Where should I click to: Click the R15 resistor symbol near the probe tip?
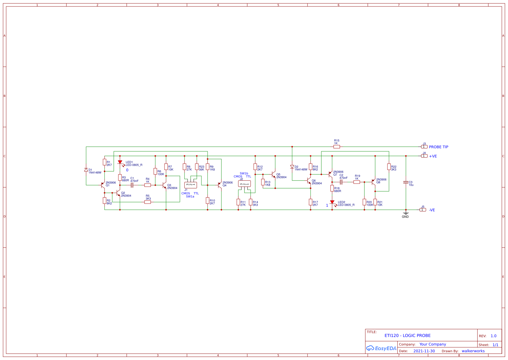[337, 147]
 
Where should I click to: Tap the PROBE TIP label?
[439, 147]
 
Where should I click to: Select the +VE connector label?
[433, 156]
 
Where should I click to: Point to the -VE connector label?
[432, 210]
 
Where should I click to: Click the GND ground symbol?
[406, 213]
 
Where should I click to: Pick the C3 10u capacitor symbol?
[406, 182]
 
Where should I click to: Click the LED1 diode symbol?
[120, 162]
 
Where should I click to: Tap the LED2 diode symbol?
[332, 202]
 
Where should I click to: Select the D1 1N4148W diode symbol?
[86, 170]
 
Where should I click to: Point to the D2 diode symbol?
[292, 167]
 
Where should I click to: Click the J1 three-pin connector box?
[191, 185]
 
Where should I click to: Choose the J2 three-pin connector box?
[244, 184]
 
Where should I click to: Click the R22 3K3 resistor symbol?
[389, 167]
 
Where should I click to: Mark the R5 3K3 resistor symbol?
[148, 202]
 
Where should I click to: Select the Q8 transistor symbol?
[374, 182]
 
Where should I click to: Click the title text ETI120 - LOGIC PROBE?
[407, 335]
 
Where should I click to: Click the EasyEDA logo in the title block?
[381, 348]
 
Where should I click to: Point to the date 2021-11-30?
[424, 351]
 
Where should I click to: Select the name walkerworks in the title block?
[473, 351]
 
